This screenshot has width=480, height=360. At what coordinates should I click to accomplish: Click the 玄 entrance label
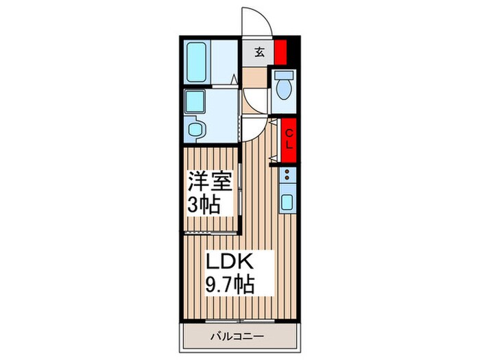261,52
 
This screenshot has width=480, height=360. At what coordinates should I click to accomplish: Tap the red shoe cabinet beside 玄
280,52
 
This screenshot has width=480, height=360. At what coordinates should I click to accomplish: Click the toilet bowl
283,88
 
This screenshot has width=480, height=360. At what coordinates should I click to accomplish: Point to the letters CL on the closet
289,140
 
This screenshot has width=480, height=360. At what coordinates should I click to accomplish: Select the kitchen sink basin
288,204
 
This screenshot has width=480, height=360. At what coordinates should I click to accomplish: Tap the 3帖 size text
205,204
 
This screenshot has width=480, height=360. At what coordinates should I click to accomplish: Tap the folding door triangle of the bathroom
235,81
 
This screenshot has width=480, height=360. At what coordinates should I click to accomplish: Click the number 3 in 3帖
193,204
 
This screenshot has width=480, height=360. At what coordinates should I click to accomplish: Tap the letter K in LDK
248,262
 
